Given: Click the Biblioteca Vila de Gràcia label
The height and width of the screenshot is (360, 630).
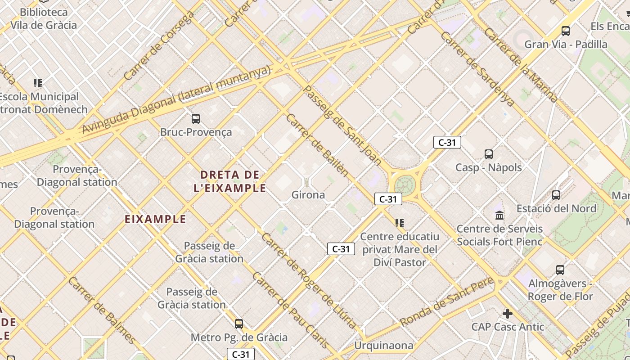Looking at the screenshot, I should coord(44,18).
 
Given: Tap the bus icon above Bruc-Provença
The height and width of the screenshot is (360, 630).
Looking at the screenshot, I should coord(196,119).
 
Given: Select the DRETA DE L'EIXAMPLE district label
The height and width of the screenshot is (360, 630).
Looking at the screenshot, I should coord(230,181).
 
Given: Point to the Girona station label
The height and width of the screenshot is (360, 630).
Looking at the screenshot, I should coord(308,195).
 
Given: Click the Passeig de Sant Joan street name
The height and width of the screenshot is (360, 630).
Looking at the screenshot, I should coord(342,126).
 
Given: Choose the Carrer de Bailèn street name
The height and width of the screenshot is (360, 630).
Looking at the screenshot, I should coord(317,144).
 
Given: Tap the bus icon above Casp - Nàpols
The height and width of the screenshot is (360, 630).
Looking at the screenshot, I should coord(489,154).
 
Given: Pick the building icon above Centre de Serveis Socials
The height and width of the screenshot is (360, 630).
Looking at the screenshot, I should coord(499,216).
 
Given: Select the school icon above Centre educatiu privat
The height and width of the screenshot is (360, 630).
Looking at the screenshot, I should coord(399,223).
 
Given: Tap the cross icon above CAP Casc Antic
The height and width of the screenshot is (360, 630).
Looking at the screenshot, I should coord(508,313).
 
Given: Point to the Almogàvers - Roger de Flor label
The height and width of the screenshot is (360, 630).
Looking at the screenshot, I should coord(560,290).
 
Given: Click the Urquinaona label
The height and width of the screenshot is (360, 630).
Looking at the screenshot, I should coord(384,346).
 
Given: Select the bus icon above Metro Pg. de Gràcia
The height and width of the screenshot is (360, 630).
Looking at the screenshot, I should coord(239,324).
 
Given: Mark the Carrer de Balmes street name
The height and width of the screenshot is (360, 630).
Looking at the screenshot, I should coord(102,310).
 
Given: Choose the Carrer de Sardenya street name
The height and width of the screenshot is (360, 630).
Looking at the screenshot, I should coord(478,68).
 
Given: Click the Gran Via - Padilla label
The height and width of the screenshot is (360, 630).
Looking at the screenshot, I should coord(566,44).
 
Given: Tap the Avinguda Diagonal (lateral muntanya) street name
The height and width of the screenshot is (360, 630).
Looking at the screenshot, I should coord(176,99).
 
